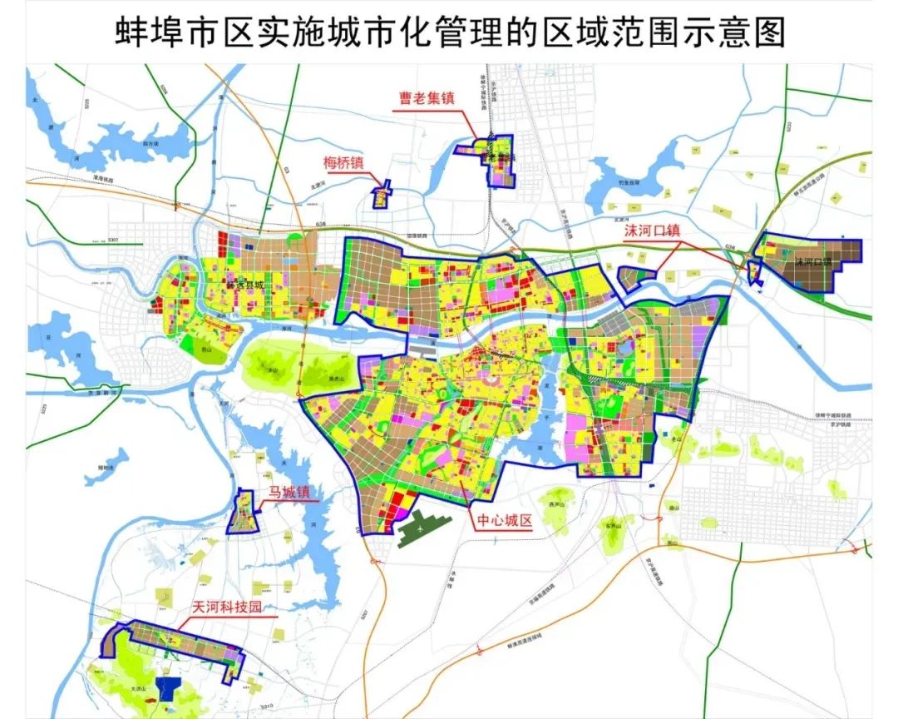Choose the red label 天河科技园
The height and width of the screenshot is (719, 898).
[x=216, y=607]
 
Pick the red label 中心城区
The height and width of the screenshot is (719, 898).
[x=504, y=522]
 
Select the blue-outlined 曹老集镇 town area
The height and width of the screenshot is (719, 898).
[x=499, y=160]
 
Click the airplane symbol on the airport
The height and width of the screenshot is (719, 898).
[x=423, y=527]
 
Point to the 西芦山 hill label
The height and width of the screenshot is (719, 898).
[x=556, y=504]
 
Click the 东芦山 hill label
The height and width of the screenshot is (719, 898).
[x=614, y=525]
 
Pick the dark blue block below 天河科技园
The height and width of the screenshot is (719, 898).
[x=170, y=687]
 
